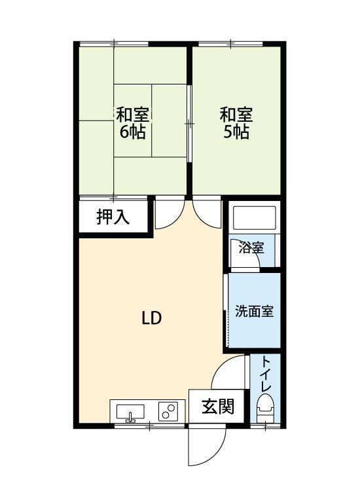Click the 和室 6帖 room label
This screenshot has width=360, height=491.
coord(133,122)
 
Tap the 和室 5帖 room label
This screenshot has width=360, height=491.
coord(236,122)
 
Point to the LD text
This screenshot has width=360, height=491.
coord(152,318)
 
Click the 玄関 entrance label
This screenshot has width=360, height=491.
coord(217,407)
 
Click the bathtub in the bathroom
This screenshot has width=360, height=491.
coord(253,218)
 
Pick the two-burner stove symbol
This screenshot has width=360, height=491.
coord(169,412)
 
